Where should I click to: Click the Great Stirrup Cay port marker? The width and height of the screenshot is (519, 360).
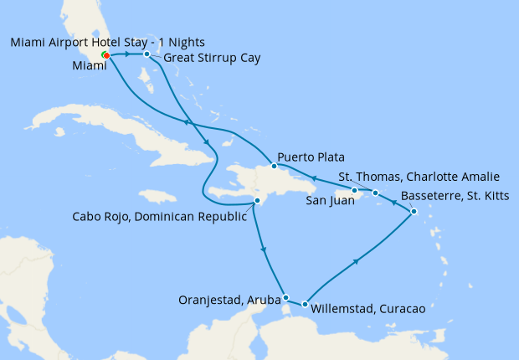pyautogui.click(x=146, y=54)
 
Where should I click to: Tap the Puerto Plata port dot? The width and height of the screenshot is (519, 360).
pyautogui.click(x=274, y=166)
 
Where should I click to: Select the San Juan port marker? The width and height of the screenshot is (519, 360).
pyautogui.click(x=355, y=191)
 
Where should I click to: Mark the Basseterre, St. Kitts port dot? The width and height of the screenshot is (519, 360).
pyautogui.click(x=414, y=213)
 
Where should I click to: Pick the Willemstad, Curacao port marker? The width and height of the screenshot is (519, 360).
pyautogui.click(x=305, y=305)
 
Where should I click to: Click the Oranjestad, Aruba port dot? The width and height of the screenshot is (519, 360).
pyautogui.click(x=286, y=297)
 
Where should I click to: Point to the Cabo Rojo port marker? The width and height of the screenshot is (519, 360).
pyautogui.click(x=258, y=201)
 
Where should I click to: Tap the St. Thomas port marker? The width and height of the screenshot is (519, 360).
pyautogui.click(x=376, y=193)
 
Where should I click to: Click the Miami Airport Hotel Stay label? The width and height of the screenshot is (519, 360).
pyautogui.click(x=106, y=42)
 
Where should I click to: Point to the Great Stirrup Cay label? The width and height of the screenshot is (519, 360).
pyautogui.click(x=212, y=59)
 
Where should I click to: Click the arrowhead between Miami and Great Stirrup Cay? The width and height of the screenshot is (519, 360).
pyautogui.click(x=127, y=54)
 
